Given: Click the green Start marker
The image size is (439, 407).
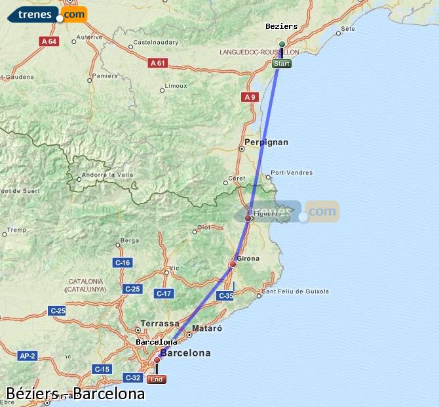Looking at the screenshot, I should pyautogui.click(x=282, y=64).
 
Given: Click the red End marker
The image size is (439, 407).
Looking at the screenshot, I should pyautogui.click(x=157, y=379).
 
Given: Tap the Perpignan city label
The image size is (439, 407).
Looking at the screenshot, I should pyautogui.click(x=266, y=142).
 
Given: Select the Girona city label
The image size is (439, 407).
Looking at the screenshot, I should pyautogui.click(x=248, y=259).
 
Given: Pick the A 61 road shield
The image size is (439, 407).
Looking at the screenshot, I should pyautogui.click(x=157, y=63).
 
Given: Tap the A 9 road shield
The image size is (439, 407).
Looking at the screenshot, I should pyautogui.click(x=250, y=97).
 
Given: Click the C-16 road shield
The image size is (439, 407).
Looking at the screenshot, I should pyautogui.click(x=123, y=263).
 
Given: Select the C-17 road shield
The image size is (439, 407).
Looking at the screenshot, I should pyautogui.click(x=163, y=293).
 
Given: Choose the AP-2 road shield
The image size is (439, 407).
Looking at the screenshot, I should pyautogui.click(x=27, y=356).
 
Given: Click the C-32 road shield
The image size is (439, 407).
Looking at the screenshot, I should pyautogui.click(x=132, y=377).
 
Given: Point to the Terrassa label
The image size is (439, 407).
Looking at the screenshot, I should pyautogui.click(x=160, y=324).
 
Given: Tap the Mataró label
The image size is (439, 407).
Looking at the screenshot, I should pyautogui.click(x=207, y=328).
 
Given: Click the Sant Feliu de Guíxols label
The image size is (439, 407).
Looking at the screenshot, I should pyautogui.click(x=295, y=291).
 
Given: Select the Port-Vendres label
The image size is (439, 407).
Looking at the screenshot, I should pyautogui.click(x=292, y=173).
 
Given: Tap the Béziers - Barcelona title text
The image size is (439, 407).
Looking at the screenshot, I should pyautogui.click(x=75, y=394).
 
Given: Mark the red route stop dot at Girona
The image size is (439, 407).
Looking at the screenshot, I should pyautogui.click(x=233, y=265).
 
